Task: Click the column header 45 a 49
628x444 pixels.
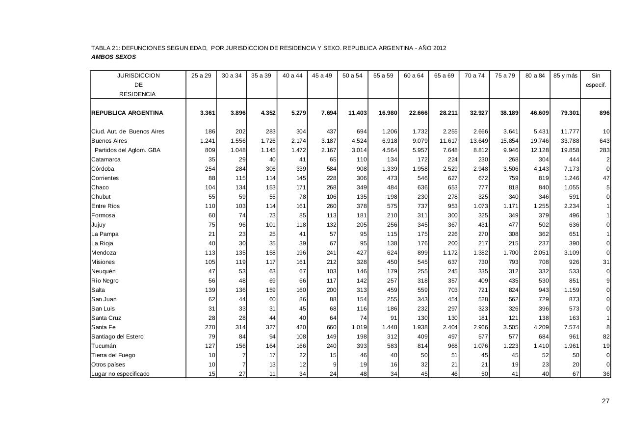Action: coord(322,76)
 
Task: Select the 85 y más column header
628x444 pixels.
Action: coord(565,76)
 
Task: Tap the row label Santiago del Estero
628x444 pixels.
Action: coord(117,337)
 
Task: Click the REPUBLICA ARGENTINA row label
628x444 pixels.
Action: coord(127,113)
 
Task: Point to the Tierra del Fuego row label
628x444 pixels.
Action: coord(113,355)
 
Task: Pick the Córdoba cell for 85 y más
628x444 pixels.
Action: coord(569,169)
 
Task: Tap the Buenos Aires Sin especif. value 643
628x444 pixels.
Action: coord(604,141)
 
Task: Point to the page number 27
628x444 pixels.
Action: coord(605,401)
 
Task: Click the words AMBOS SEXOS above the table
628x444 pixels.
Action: coord(113,57)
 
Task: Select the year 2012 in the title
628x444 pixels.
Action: coord(439,48)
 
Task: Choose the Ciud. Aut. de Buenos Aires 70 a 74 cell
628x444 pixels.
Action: coord(480,131)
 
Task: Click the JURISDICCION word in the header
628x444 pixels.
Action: coord(138,76)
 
